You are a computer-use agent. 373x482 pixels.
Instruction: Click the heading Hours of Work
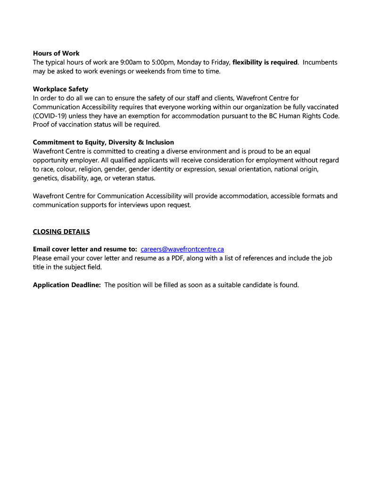pos(56,53)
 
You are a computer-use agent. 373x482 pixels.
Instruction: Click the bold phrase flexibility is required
pos(265,62)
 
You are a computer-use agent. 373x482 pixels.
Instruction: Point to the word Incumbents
pos(320,62)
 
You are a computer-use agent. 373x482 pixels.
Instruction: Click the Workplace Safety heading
pos(60,89)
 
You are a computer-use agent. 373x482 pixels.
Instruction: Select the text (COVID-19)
pos(50,116)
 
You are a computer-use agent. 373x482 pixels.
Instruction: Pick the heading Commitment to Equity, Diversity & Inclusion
pos(103,142)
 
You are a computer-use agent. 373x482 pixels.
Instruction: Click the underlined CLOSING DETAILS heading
pos(61,232)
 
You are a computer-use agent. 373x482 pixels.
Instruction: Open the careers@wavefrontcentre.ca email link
pos(182,249)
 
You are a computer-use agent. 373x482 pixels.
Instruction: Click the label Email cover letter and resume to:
pos(85,249)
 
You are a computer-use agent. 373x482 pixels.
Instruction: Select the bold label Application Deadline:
pos(67,285)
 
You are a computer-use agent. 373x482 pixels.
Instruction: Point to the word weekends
pos(142,71)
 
